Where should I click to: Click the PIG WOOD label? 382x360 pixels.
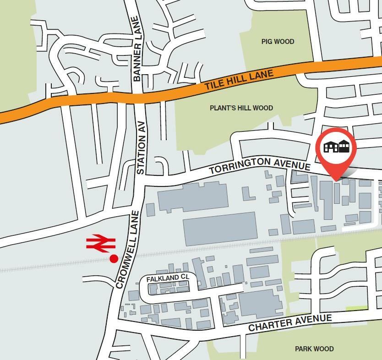tap(278, 42)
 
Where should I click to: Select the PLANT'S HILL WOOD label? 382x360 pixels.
tap(241, 108)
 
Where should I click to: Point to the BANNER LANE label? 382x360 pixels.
tap(136, 49)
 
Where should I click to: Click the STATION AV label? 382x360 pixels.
tap(141, 147)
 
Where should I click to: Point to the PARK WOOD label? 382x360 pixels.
tap(314, 349)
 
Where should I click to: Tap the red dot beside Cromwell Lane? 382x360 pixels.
tap(114, 259)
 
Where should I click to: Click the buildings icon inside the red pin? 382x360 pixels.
tap(337, 147)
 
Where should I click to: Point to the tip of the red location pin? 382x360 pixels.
tap(337, 180)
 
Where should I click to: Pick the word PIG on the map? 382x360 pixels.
tap(267, 42)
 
